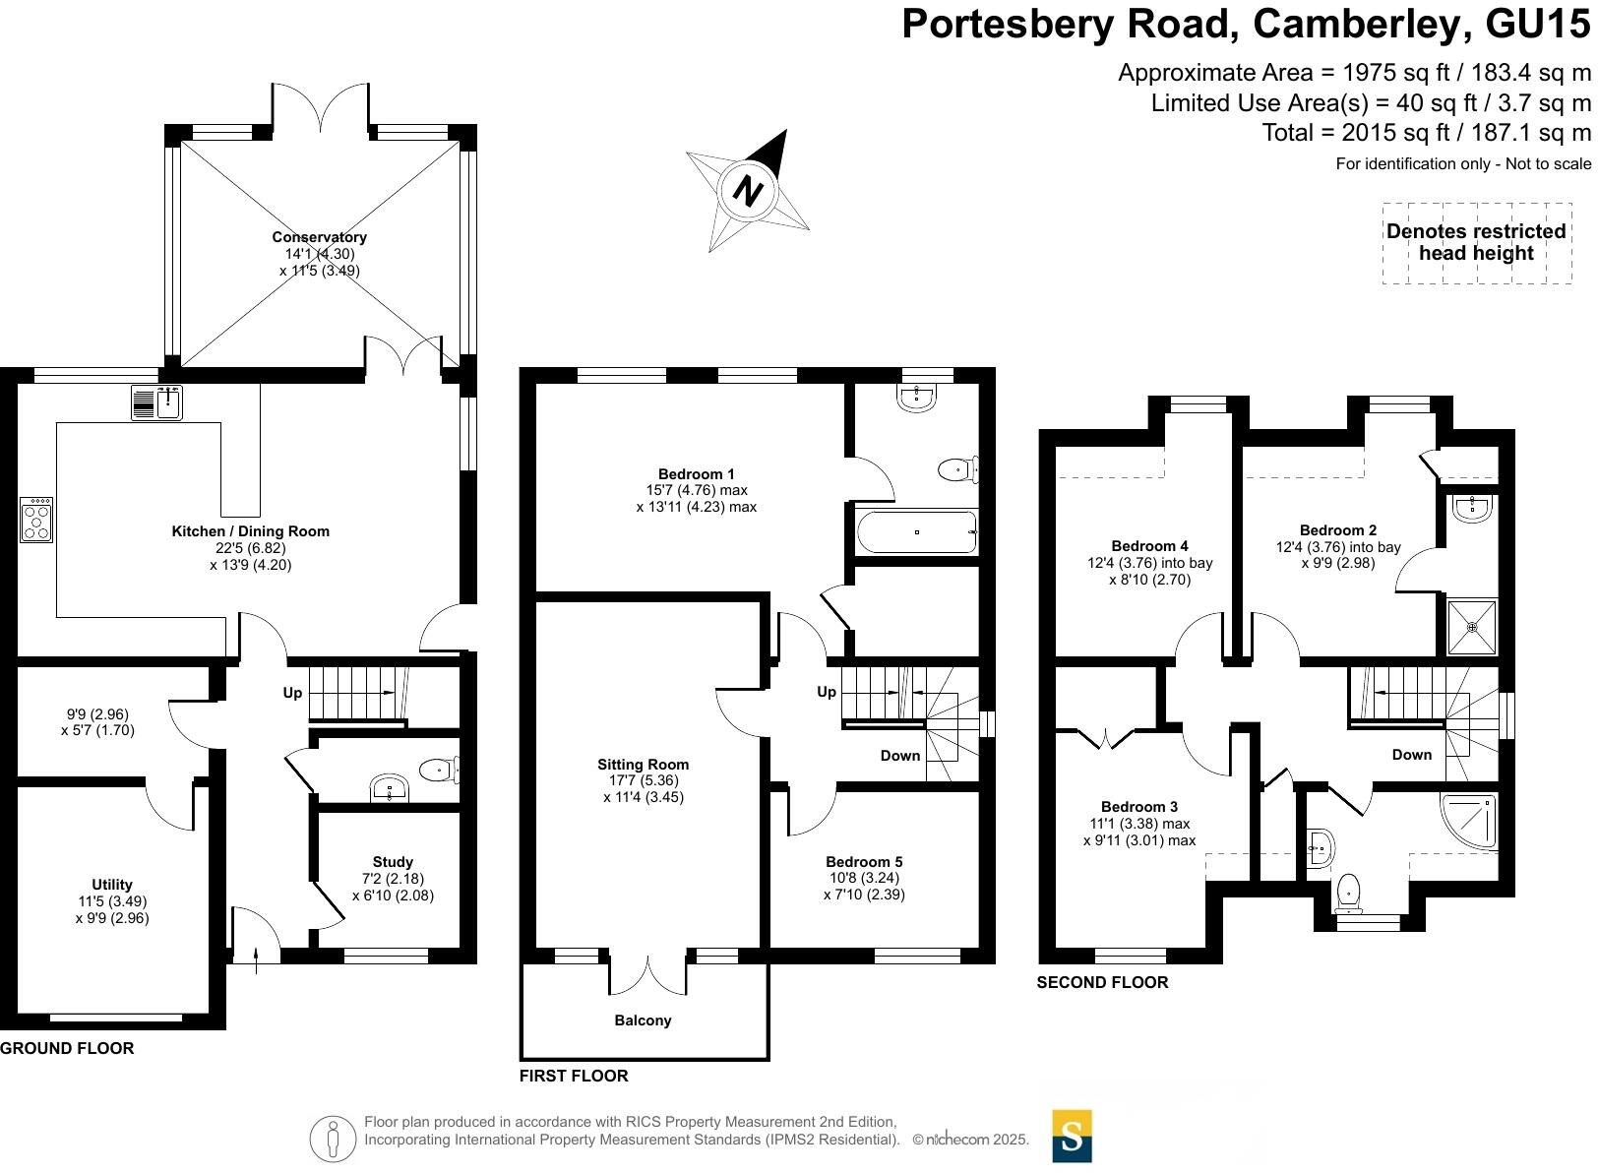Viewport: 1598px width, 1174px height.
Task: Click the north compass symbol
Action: (x=749, y=190)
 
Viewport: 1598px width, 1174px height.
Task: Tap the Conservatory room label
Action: (x=319, y=237)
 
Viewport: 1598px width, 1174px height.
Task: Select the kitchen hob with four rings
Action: (x=36, y=520)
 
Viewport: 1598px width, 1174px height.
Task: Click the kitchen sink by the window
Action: (x=156, y=402)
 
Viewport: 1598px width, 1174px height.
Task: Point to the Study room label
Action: (x=393, y=862)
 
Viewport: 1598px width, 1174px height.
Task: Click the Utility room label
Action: (x=111, y=885)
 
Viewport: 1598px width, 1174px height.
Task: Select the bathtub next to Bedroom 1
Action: (x=916, y=532)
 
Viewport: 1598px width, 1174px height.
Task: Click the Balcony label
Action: (x=643, y=1020)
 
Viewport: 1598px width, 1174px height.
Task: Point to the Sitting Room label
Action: (x=643, y=765)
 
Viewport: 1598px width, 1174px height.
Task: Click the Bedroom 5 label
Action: (x=864, y=862)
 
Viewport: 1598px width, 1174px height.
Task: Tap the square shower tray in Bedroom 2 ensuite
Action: (x=1472, y=626)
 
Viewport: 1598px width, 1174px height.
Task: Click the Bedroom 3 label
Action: (x=1139, y=807)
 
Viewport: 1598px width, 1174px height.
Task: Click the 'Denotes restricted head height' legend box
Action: (x=1476, y=243)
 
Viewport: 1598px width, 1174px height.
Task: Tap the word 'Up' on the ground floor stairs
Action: (x=292, y=693)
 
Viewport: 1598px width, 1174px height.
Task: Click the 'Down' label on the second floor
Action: (x=1411, y=755)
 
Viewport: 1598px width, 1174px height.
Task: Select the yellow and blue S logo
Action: (x=1072, y=1137)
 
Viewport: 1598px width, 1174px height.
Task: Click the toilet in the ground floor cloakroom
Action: (x=438, y=769)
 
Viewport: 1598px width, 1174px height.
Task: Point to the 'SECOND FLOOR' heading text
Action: (x=1102, y=982)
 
